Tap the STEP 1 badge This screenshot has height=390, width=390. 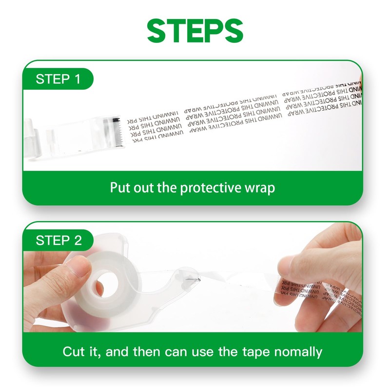[x=58, y=79]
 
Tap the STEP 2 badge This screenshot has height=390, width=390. [x=58, y=240]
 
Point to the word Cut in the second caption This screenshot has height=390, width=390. [x=74, y=351]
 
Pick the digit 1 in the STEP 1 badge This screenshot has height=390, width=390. [x=77, y=79]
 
